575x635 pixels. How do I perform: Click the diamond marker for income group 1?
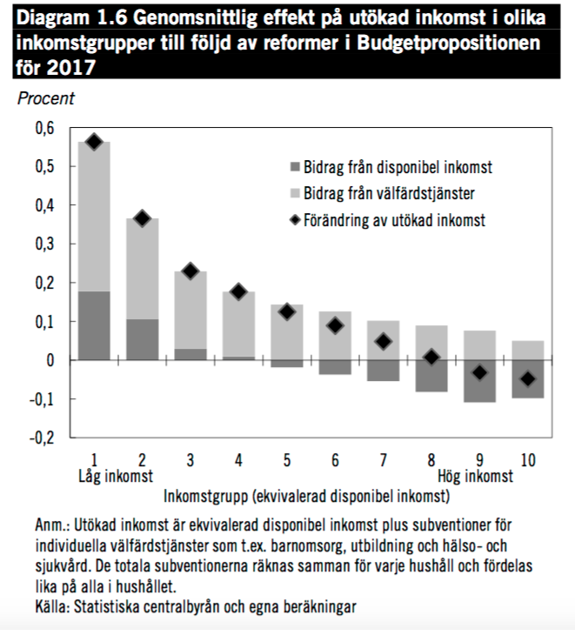[x=95, y=142]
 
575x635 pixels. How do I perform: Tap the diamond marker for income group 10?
[x=527, y=378]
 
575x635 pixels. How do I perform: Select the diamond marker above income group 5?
[x=287, y=311]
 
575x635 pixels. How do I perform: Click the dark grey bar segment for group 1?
[x=95, y=325]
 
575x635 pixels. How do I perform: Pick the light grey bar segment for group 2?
[x=143, y=269]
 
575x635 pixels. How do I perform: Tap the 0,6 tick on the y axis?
[x=44, y=128]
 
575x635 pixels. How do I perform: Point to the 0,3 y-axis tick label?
[x=44, y=244]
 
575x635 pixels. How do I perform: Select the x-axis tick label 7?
[x=383, y=458]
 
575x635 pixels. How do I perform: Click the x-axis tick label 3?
[x=191, y=458]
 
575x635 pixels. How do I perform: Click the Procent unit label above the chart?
[x=46, y=99]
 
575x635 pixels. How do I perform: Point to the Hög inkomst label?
[x=474, y=476]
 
